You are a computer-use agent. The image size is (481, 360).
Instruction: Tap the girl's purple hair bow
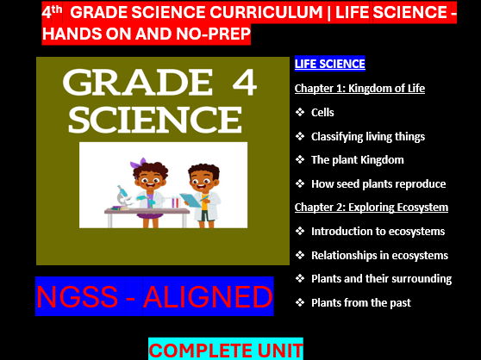click(x=139, y=161)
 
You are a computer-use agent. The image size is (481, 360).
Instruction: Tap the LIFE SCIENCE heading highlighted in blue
click(x=329, y=64)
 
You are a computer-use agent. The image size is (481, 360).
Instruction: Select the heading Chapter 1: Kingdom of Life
click(x=359, y=89)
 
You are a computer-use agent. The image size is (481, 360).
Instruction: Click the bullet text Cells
click(x=322, y=112)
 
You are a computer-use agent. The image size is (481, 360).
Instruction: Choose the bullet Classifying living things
click(x=367, y=136)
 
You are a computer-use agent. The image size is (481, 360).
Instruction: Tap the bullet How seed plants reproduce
click(x=378, y=183)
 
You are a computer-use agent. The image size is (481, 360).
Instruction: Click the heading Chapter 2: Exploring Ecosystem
click(x=371, y=207)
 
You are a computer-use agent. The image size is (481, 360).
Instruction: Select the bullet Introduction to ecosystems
click(x=378, y=231)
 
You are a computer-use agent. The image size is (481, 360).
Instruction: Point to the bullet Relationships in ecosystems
click(x=379, y=255)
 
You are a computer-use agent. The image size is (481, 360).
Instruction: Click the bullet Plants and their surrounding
click(x=381, y=278)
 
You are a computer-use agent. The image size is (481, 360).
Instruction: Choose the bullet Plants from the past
click(x=360, y=301)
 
